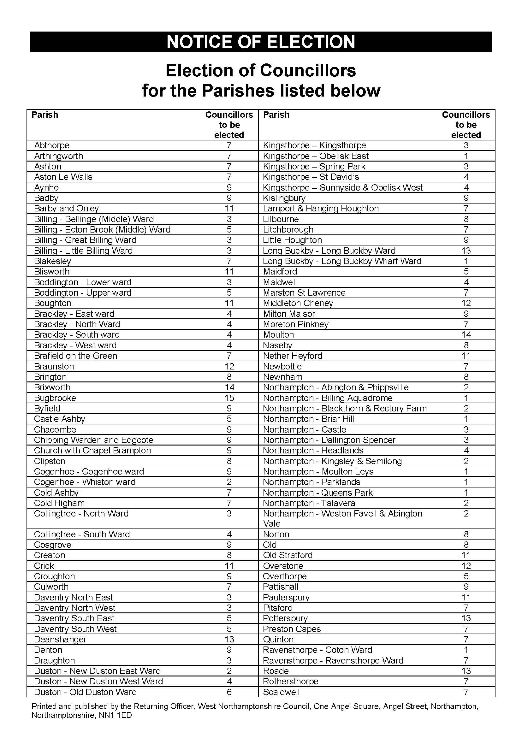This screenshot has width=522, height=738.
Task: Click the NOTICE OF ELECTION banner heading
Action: (261, 42)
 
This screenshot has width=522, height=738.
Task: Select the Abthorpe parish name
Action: (52, 145)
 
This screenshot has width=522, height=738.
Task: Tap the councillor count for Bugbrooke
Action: (229, 398)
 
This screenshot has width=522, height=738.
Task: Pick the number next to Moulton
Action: (466, 334)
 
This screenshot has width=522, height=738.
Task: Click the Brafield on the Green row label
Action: (75, 356)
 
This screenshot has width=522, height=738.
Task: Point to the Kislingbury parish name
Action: (284, 198)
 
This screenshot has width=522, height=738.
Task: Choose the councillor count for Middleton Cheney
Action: (466, 303)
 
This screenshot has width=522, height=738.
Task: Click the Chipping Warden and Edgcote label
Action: (93, 440)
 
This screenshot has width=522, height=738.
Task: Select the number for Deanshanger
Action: (229, 639)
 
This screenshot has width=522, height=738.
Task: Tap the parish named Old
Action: (270, 545)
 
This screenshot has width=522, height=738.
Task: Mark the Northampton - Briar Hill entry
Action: (309, 419)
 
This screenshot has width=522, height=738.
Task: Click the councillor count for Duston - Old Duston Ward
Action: (229, 692)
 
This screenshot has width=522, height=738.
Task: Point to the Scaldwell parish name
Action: (281, 692)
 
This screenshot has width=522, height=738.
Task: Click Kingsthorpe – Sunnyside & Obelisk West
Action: (343, 188)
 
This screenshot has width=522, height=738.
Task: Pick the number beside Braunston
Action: (229, 366)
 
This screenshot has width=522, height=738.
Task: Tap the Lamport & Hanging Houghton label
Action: (321, 209)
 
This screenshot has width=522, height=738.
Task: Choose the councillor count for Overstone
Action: (466, 566)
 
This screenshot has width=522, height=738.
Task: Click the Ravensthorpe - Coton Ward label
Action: (317, 650)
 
